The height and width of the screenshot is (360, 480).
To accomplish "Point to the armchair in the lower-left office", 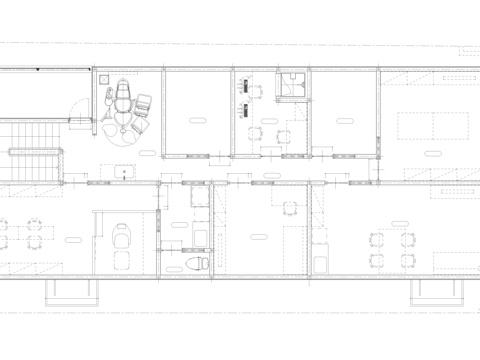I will [x=122, y=238].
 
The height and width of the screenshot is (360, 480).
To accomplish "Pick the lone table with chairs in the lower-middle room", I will [x=290, y=209].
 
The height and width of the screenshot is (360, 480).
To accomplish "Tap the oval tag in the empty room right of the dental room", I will [x=196, y=122].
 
